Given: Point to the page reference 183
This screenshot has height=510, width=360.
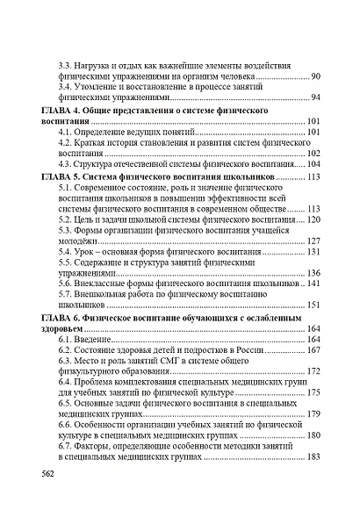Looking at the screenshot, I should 313,457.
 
